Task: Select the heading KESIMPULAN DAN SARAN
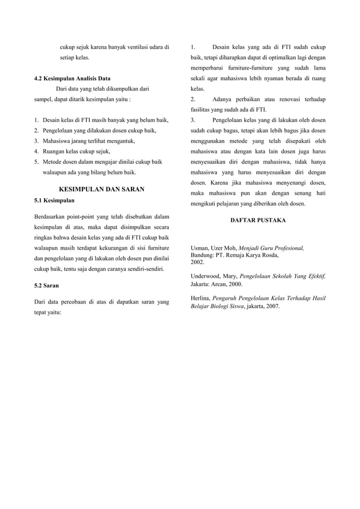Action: tap(102, 189)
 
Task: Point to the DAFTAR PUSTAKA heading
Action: tap(258, 220)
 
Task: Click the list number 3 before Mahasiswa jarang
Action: tap(36, 141)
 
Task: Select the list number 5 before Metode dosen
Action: tap(36, 162)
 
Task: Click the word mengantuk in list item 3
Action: tap(117, 141)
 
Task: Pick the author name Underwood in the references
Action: tap(208, 277)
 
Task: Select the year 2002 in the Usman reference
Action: tap(197, 262)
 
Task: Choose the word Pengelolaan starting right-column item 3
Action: tap(231, 121)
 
